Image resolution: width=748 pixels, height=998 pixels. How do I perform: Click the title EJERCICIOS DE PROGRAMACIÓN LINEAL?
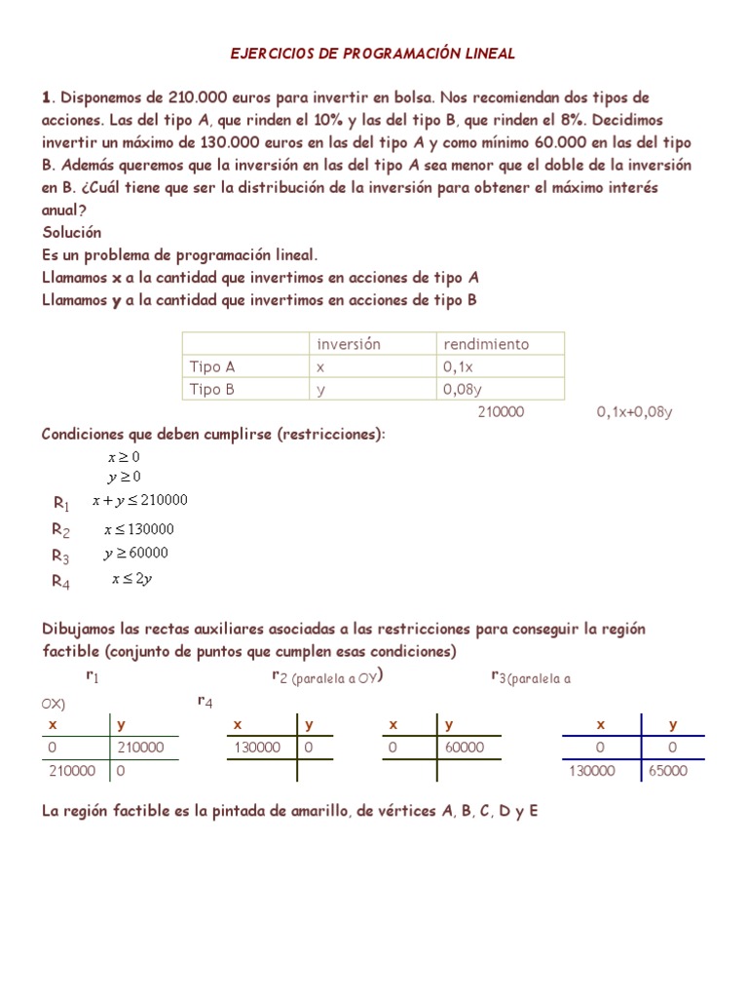373,54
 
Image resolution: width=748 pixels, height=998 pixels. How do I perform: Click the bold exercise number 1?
45,97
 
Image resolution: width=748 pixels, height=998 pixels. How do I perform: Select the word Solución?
72,233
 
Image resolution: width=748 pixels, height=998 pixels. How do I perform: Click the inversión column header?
348,344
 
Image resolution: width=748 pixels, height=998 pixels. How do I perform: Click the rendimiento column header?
486,344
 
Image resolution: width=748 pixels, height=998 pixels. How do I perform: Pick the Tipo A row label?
212,367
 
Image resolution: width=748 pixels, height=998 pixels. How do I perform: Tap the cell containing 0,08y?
462,390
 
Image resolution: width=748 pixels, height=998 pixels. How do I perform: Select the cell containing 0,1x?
457,367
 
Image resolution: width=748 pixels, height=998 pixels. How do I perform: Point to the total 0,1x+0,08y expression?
634,412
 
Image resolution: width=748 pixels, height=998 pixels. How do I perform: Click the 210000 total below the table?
501,412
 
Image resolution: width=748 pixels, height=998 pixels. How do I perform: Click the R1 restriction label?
61,504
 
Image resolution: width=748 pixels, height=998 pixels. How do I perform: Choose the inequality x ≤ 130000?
139,530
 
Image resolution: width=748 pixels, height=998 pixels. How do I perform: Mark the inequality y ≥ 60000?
136,554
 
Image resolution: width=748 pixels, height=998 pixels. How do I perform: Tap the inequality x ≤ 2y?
131,579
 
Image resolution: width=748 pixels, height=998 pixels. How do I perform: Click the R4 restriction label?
61,583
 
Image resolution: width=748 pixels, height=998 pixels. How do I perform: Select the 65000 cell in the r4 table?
667,771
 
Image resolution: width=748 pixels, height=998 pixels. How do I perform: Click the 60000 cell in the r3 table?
465,748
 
